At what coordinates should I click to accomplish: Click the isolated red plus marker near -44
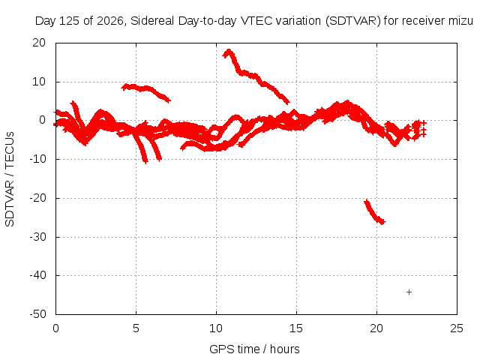coord(409,292)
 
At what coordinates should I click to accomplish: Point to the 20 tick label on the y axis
coord(39,43)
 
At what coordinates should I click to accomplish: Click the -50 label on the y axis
coord(37,314)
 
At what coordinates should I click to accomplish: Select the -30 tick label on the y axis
coord(37,237)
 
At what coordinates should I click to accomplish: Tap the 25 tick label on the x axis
coord(457,328)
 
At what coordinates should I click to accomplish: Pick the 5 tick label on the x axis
coord(136,328)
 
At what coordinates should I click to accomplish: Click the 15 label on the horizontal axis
coord(296,328)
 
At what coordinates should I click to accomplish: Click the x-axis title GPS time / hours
coord(254,349)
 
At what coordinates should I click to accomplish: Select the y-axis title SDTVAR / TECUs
coord(10,179)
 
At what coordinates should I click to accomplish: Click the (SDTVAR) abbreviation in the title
coord(352,21)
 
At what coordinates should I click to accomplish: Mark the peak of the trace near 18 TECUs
coord(228,50)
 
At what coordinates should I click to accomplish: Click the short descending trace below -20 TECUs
coord(375,212)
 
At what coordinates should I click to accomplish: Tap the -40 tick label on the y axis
coord(37,275)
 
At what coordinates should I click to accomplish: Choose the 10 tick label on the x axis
coord(216,328)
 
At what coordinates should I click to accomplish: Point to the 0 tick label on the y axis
coord(42,120)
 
